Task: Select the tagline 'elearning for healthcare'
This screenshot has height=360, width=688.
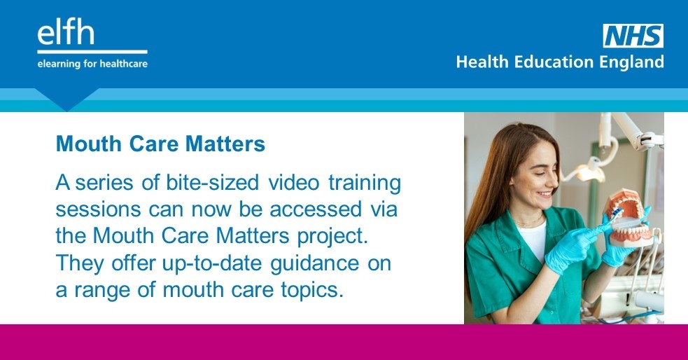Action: pos(93,63)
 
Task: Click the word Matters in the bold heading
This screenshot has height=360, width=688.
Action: pos(230,144)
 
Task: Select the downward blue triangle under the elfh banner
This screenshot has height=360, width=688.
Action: pos(66,100)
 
